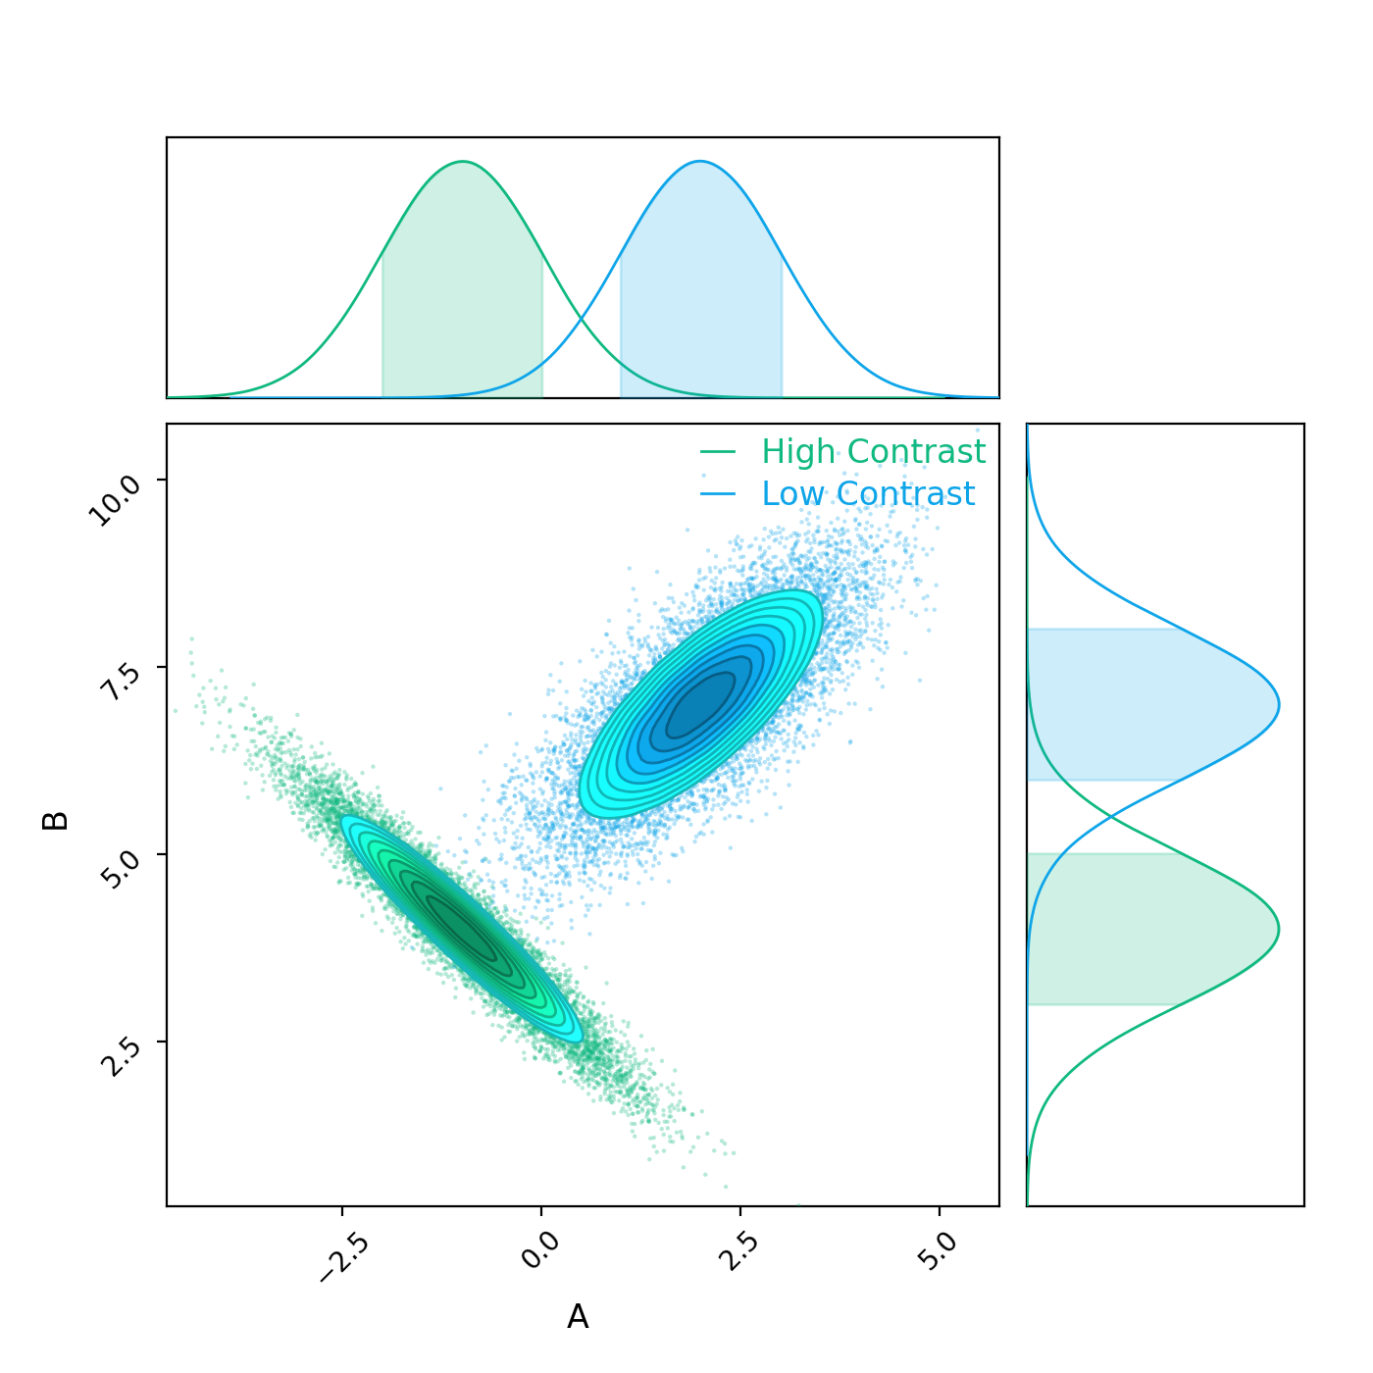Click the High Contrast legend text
pyautogui.click(x=873, y=452)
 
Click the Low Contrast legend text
pyautogui.click(x=868, y=494)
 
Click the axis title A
pyautogui.click(x=578, y=1317)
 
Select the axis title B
pyautogui.click(x=56, y=821)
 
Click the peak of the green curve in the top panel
pyautogui.click(x=462, y=162)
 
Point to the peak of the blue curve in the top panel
pyautogui.click(x=700, y=162)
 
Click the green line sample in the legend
pyautogui.click(x=718, y=452)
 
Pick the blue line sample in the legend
pyautogui.click(x=718, y=494)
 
